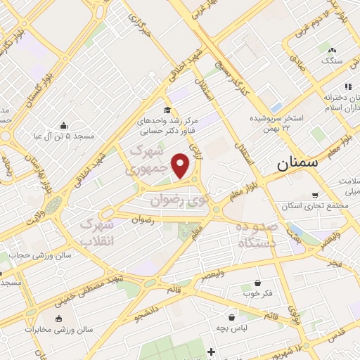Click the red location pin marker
click(181, 166)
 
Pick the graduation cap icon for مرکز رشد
click(167, 110)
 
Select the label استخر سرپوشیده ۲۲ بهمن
click(280, 122)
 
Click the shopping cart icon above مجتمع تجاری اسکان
click(314, 195)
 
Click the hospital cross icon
click(211, 351)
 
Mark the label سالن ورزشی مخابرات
click(49, 329)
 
